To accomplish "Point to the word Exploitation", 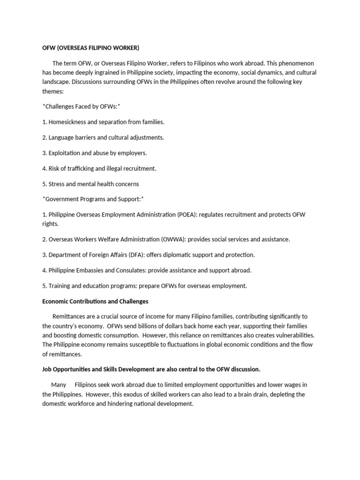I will [x=66, y=153].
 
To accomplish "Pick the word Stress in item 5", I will [x=57, y=184].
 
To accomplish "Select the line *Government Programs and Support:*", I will [x=93, y=199].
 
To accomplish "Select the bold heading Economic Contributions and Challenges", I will [x=95, y=301].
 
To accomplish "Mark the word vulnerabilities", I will [x=292, y=335].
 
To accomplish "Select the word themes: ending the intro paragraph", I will [x=52, y=91].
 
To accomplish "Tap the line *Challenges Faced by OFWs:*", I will [x=82, y=106].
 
